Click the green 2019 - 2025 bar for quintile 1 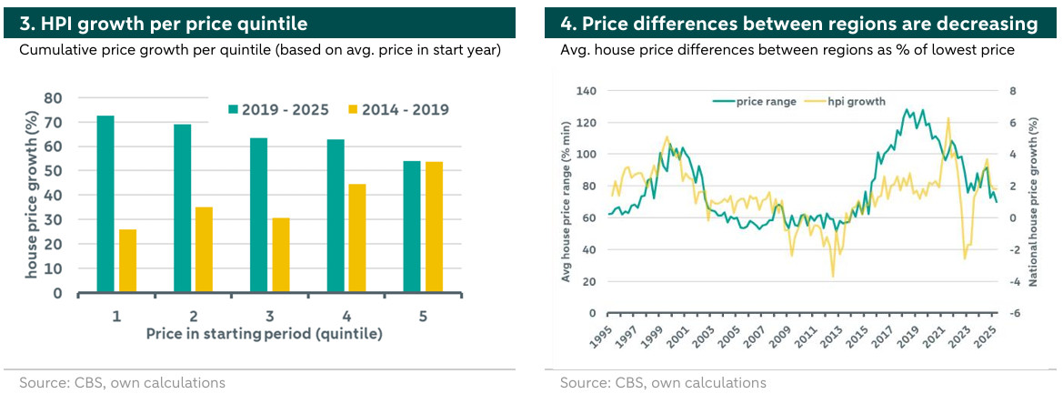105,205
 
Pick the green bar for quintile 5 412,227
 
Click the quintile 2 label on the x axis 194,316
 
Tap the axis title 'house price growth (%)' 31,196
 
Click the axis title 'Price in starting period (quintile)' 264,334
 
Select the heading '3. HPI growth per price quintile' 164,23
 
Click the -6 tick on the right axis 1016,313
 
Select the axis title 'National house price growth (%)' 1033,202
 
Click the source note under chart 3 123,383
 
